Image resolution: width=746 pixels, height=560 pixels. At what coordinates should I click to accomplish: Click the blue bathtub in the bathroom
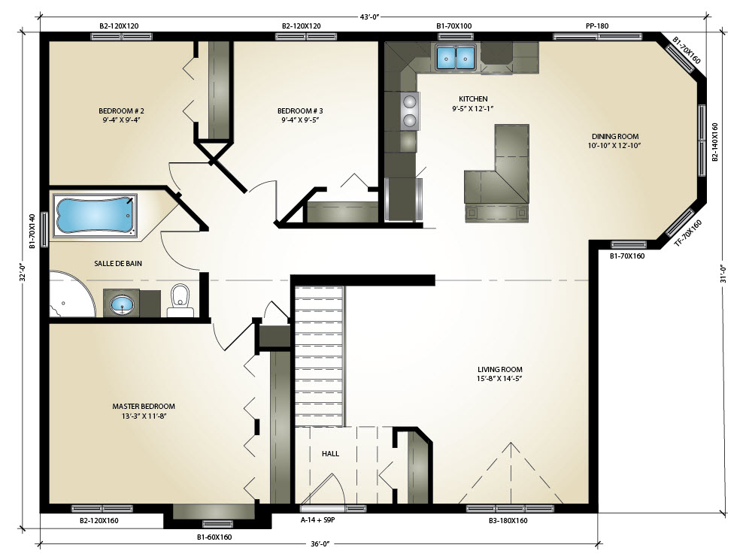(x=95, y=214)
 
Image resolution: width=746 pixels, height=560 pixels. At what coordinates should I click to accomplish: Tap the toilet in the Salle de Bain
(x=180, y=301)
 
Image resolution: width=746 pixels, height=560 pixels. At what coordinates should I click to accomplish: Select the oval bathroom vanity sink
(x=123, y=304)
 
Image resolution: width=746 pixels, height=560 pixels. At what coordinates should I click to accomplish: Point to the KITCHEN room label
(x=473, y=99)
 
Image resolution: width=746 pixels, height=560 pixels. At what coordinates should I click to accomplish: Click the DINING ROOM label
(x=614, y=137)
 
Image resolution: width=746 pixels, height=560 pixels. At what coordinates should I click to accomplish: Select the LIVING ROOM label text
(x=500, y=369)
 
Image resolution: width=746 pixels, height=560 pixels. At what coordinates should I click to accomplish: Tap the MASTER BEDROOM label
(x=144, y=407)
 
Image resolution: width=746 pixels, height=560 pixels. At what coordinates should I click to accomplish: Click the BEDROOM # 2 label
(x=121, y=110)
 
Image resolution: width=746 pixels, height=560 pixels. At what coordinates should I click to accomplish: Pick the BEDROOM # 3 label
(x=300, y=110)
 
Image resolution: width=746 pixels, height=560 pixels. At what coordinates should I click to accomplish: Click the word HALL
(x=330, y=453)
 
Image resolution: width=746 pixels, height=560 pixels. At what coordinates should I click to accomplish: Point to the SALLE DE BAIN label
(x=118, y=263)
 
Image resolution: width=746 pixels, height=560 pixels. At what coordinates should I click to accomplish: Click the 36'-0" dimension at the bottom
(x=320, y=543)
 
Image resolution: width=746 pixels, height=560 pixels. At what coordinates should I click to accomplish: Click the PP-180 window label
(x=597, y=26)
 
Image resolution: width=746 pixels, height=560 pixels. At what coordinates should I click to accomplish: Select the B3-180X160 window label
(x=508, y=521)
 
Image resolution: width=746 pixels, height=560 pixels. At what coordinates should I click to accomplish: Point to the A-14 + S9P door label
(x=318, y=520)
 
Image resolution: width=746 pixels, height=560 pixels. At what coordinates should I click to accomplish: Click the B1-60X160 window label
(x=214, y=537)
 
